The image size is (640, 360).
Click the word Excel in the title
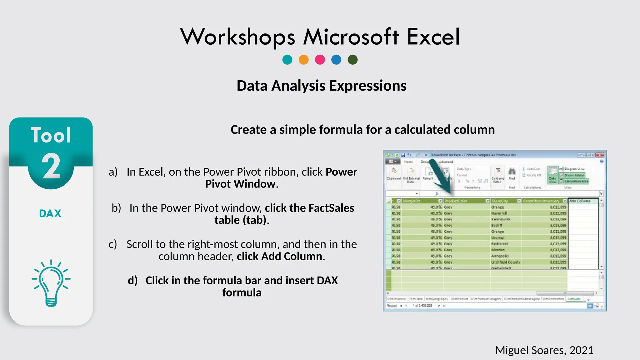point(433,37)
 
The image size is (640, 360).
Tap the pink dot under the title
point(320,59)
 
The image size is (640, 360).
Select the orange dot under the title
point(303,59)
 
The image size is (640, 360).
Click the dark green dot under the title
point(352,59)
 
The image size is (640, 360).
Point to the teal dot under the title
point(287,59)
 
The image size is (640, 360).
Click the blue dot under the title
point(336,59)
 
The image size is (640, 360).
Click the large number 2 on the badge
point(51,167)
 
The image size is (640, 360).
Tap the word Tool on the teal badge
point(51,135)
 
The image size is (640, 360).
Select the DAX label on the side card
point(50,214)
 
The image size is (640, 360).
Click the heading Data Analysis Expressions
point(321,86)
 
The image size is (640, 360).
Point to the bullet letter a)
point(113,172)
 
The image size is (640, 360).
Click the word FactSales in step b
point(331,208)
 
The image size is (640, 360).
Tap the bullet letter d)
point(132,281)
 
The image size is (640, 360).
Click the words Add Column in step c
point(292,257)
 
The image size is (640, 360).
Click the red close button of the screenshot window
point(600,155)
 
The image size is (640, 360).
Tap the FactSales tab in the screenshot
point(574,299)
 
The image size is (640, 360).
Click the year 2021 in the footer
point(581,350)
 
